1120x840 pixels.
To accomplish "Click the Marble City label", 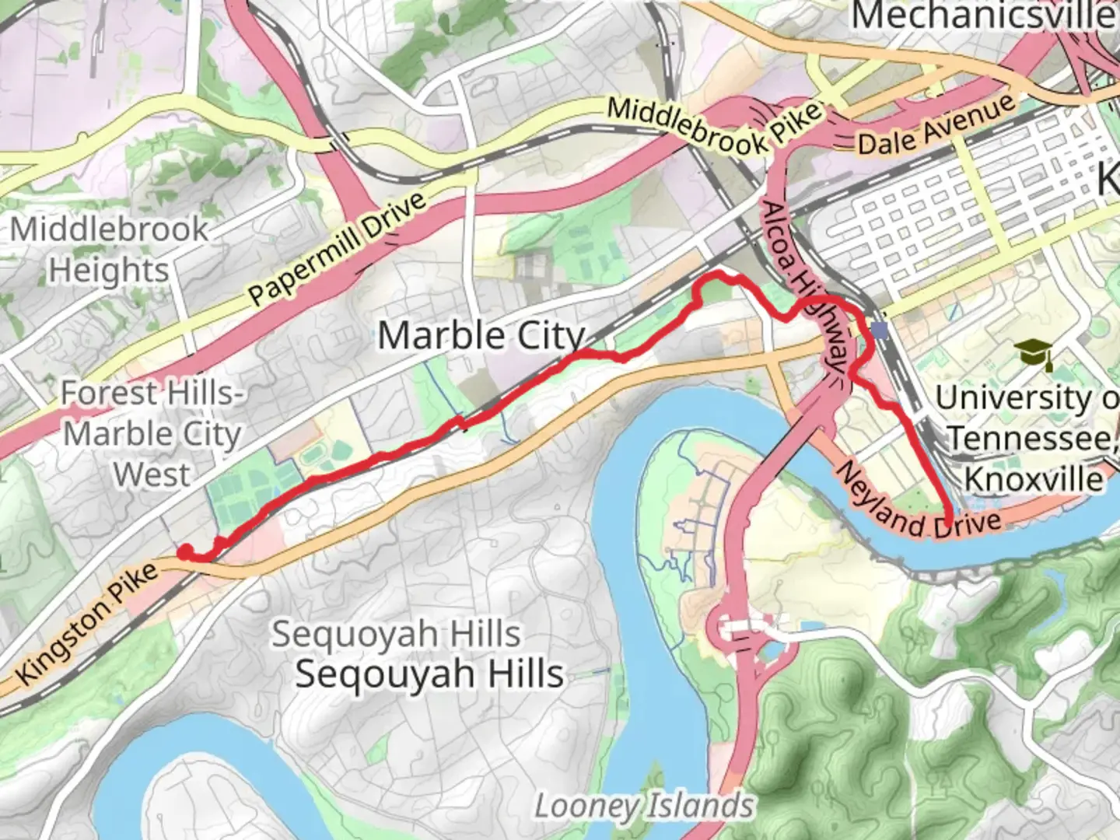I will pyautogui.click(x=481, y=336).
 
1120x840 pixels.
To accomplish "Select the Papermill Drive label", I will pyautogui.click(x=338, y=248).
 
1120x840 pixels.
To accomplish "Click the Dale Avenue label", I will pyautogui.click(x=936, y=127).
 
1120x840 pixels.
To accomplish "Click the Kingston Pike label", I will pyautogui.click(x=87, y=623).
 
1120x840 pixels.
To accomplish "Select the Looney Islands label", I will pyautogui.click(x=644, y=807).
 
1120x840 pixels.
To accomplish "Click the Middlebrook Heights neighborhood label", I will pyautogui.click(x=109, y=249).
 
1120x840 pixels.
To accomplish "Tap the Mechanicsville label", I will pyautogui.click(x=984, y=16).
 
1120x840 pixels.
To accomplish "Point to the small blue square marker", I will pyautogui.click(x=879, y=331).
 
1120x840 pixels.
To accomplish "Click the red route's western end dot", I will pyautogui.click(x=185, y=552).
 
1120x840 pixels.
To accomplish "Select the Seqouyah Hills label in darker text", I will pyautogui.click(x=429, y=674).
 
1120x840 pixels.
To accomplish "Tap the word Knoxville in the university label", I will pyautogui.click(x=1034, y=478).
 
